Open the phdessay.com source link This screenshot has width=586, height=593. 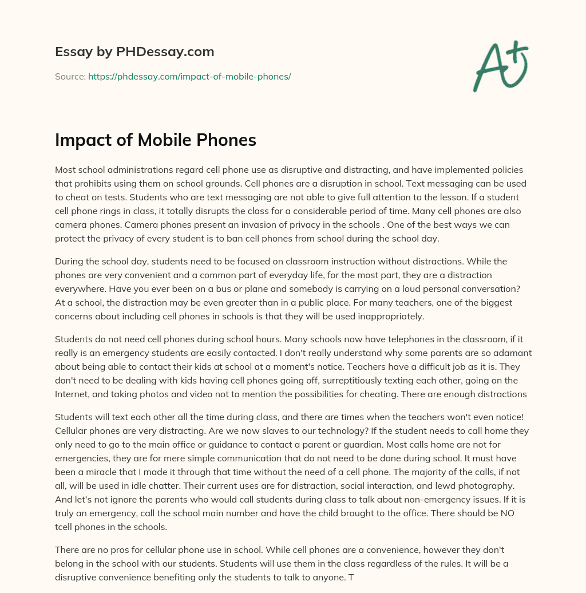(189, 76)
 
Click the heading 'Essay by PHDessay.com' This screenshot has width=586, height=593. (134, 52)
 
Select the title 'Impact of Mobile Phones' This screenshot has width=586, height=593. (156, 140)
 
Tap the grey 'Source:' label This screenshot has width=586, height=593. (70, 76)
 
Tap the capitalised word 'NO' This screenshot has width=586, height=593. (507, 513)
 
